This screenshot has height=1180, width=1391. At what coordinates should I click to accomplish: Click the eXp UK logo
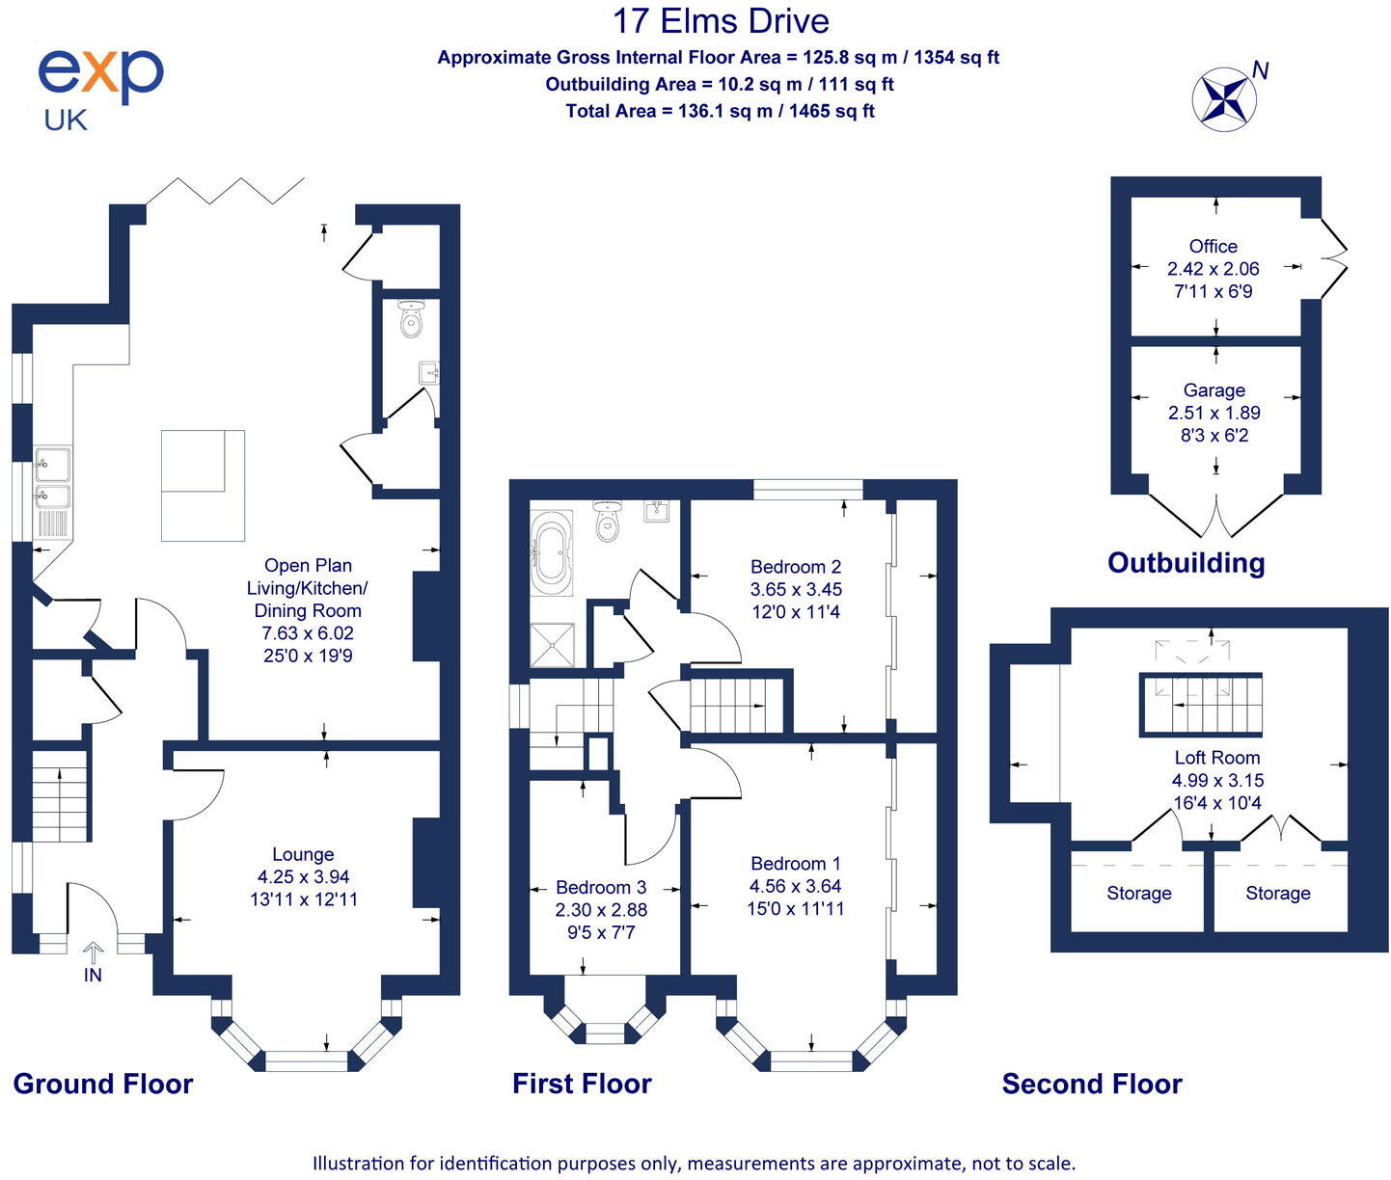click(99, 88)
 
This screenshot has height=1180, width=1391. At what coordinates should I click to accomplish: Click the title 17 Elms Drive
click(721, 21)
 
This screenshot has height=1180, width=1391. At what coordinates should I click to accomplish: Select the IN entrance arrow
click(93, 962)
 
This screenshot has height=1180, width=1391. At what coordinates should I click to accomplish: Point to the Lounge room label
click(303, 854)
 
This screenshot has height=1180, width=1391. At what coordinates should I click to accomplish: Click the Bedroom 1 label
click(796, 864)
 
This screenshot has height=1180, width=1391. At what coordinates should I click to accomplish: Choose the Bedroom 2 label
click(796, 567)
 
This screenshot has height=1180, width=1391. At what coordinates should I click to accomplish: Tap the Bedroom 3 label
click(601, 887)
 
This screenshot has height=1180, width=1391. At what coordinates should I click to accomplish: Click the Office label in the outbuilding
click(1214, 247)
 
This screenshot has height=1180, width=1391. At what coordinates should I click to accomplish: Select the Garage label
click(1214, 390)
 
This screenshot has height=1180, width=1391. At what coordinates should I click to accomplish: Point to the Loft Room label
click(1217, 758)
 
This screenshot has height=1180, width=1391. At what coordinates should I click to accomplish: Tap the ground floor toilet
click(412, 320)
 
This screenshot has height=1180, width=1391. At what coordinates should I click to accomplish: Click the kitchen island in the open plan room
click(203, 485)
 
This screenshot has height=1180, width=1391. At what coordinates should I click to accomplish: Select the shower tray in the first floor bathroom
click(553, 645)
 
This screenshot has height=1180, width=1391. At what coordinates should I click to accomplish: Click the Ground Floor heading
click(103, 1084)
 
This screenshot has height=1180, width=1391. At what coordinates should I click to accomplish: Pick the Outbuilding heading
click(1186, 563)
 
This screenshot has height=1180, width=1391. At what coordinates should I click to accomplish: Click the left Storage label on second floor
click(1139, 894)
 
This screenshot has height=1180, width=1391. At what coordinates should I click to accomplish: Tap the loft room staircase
click(1202, 705)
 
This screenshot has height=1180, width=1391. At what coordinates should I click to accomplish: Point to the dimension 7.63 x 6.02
click(308, 633)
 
